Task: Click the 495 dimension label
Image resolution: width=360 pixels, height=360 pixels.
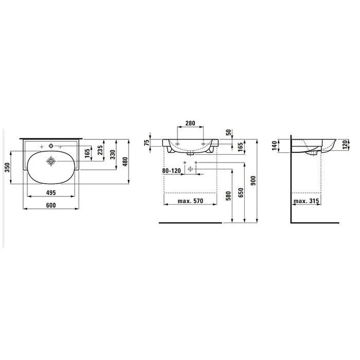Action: pos(51,193)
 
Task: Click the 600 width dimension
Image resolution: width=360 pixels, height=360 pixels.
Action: pos(51,205)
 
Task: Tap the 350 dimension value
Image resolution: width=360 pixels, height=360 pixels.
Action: pos(7,167)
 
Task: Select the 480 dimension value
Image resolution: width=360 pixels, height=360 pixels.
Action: pos(124,161)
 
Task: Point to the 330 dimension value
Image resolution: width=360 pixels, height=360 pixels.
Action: pos(113,155)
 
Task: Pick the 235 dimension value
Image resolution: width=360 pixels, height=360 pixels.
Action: pos(100,150)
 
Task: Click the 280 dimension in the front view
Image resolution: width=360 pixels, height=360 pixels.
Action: pos(190,123)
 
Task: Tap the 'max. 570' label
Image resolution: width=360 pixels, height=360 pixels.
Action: pos(190,201)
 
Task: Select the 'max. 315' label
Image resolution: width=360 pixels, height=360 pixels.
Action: pos(307,201)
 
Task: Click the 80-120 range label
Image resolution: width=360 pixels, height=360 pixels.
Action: pos(171,171)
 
